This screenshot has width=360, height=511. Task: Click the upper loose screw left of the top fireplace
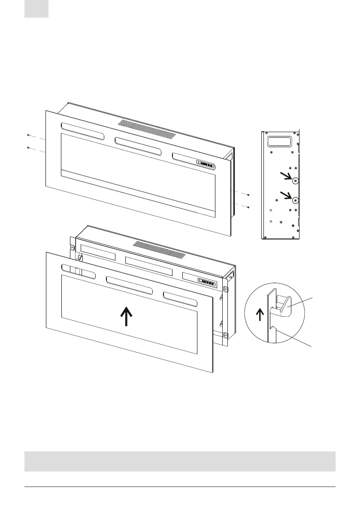coord(28,135)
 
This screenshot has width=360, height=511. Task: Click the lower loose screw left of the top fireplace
coord(28,148)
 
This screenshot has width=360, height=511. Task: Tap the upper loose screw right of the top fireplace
coord(248,195)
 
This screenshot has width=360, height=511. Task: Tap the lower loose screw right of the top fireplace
coord(248,207)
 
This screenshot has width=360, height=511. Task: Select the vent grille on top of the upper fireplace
coord(147,129)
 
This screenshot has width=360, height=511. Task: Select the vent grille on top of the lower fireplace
coord(159,250)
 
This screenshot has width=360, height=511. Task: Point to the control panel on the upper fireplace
coord(205,163)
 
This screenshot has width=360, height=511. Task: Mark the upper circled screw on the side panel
coord(295,181)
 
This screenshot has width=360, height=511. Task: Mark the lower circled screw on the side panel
coord(295,200)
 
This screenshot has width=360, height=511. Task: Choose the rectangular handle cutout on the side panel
coord(279,141)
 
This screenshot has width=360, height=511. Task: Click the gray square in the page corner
coord(36,9)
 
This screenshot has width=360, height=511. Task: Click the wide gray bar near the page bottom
coord(180,461)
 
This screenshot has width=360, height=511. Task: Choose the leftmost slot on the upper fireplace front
coord(82,132)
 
